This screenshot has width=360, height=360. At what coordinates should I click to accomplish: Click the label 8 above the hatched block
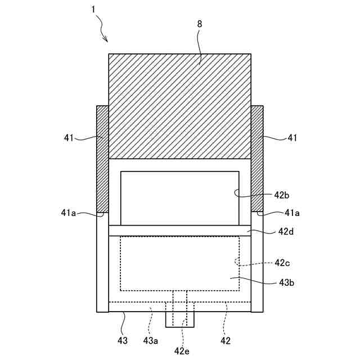199,25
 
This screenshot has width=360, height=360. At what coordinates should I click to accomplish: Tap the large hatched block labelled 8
179,106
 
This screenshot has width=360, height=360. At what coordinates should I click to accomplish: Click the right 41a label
292,213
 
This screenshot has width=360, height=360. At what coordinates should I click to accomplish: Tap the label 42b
282,195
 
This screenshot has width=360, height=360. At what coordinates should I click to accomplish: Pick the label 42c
282,263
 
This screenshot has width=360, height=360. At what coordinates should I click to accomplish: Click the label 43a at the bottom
151,340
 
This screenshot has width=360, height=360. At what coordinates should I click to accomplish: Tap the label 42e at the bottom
182,351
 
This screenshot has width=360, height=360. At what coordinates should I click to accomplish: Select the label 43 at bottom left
122,340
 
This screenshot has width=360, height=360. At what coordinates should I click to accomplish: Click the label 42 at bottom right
225,340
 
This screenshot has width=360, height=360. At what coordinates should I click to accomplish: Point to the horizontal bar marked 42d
179,231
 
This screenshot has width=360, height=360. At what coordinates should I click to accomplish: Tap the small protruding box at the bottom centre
179,319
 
